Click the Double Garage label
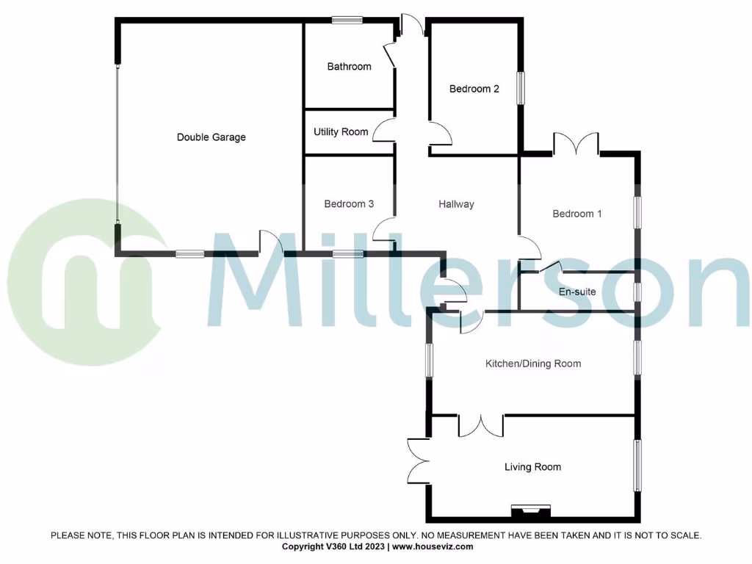211,137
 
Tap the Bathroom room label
349,67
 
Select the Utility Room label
341,132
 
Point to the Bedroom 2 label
474,89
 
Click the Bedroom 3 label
349,204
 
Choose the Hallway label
456,204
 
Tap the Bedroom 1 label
577,214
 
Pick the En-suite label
576,292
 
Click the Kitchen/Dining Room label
532,364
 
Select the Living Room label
532,467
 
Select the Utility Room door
384,131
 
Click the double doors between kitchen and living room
481,425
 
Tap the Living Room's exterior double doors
419,460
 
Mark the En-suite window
637,292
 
